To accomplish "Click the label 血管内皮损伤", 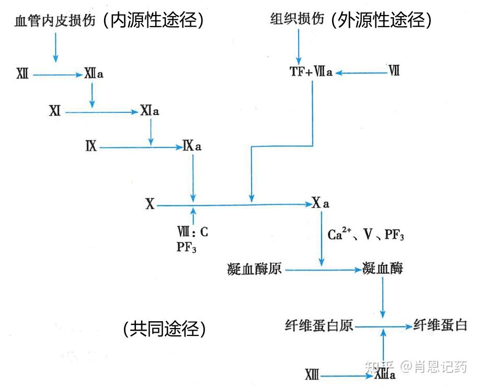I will tap(55, 21).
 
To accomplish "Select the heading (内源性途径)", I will tap(153, 20).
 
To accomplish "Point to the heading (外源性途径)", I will tap(382, 20).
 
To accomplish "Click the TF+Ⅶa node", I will tap(311, 72).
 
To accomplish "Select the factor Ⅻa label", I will tap(94, 74).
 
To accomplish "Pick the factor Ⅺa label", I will tap(150, 111).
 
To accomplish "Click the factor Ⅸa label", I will tap(192, 146).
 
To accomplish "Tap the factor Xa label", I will tap(321, 204).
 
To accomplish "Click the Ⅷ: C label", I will tap(193, 230).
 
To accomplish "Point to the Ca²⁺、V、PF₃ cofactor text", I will tap(366, 234).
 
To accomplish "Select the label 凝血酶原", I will tap(255, 270).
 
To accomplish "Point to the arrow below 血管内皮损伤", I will tap(55, 49).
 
